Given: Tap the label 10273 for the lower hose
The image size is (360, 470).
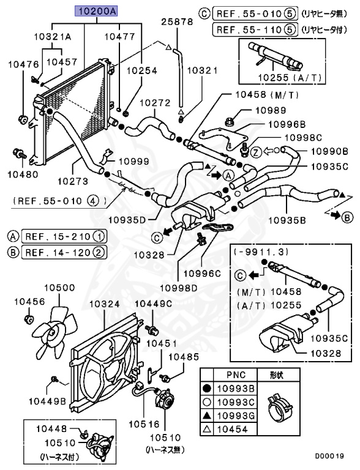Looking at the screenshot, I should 73,182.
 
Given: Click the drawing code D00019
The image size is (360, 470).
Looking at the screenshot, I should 330,456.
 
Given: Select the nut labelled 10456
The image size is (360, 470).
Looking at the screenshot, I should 27,319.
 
